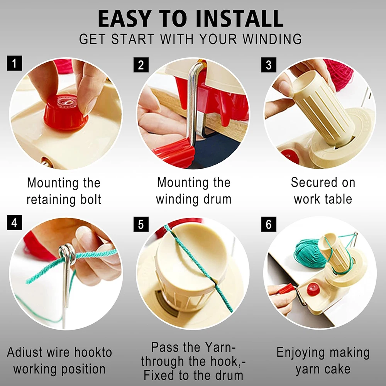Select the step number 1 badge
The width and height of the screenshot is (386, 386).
[x=14, y=63]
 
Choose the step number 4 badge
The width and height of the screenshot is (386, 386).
[x=14, y=223]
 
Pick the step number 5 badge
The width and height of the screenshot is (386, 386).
[x=141, y=224]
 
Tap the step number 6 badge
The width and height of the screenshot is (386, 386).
[x=269, y=224]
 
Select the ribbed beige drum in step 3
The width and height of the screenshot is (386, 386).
[x=322, y=104]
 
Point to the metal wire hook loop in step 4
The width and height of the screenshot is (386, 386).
[x=67, y=253]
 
